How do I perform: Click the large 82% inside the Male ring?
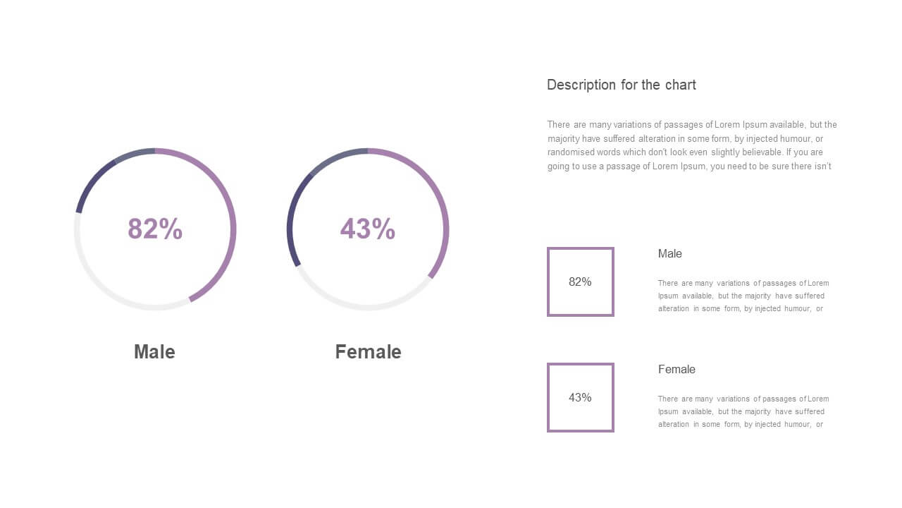pos(155,229)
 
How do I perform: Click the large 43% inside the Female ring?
pos(368,229)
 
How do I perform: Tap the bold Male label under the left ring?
pos(154,351)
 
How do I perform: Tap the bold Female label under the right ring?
pos(368,351)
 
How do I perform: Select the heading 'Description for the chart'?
pos(622,85)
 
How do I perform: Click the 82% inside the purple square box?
pos(580,282)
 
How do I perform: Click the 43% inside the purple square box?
pos(580,397)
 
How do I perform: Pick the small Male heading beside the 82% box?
pos(669,253)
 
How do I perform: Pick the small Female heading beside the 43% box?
pos(676,369)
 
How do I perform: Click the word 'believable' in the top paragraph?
pos(762,152)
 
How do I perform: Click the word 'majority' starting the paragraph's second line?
pos(563,139)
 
